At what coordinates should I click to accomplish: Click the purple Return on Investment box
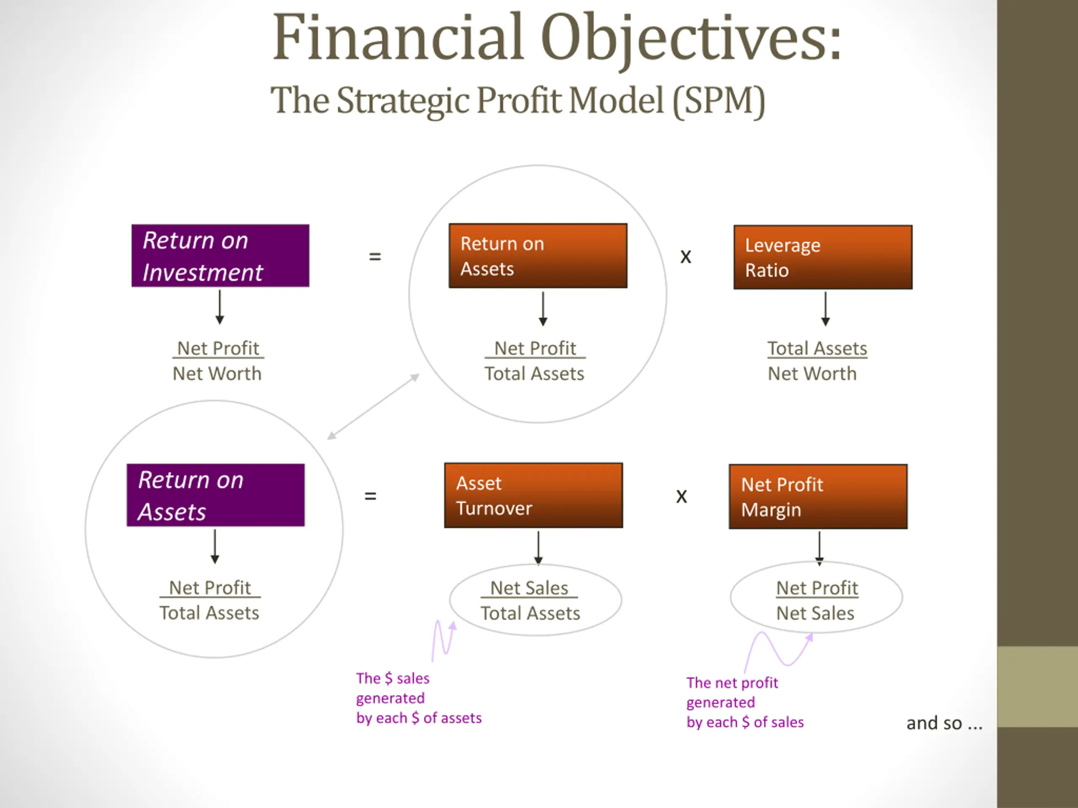pos(220,256)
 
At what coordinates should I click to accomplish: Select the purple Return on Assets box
pos(216,495)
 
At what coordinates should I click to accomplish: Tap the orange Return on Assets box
pos(538,256)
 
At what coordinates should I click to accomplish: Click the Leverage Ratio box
pos(823,257)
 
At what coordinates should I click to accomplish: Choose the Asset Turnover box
pos(533,495)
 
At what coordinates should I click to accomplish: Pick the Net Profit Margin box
pos(818,496)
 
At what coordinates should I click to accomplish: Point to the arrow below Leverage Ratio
pos(825,309)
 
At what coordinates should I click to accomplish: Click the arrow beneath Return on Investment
pos(220,307)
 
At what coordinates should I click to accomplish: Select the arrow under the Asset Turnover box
pos(538,548)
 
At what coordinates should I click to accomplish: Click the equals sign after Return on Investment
pos(375,256)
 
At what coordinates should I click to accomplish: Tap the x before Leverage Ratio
pos(686,257)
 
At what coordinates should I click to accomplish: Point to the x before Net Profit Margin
pos(681,496)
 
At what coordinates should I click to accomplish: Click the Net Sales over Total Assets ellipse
pos(535,600)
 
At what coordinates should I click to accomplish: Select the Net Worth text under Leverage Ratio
pos(812,374)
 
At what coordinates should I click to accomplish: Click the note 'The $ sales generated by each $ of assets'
pos(418,698)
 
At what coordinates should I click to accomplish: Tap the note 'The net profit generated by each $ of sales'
pos(744,702)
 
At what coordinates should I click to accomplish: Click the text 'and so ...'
pos(944,723)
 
